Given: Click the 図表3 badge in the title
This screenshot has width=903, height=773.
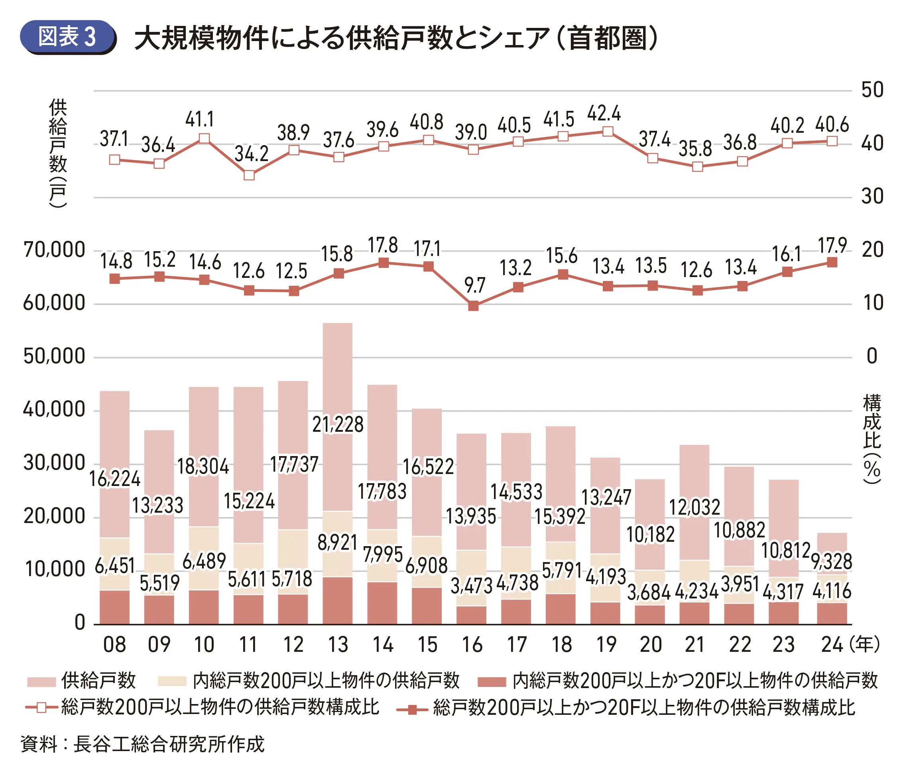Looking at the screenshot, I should [67, 37].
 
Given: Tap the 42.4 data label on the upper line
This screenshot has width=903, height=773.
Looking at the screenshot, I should [604, 114].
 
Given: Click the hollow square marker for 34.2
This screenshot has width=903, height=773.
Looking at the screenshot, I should [249, 175].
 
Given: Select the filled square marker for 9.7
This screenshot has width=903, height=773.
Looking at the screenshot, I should [473, 306].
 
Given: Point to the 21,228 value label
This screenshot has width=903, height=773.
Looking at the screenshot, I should [338, 425].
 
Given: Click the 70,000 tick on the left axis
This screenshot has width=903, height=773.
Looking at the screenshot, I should [54, 250].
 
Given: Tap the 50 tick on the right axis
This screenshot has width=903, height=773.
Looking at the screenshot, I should [872, 90].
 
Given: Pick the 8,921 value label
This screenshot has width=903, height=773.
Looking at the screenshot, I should [337, 543].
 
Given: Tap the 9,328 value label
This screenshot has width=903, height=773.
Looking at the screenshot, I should [832, 561].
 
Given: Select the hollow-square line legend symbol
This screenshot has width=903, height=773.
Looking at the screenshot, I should [41, 707].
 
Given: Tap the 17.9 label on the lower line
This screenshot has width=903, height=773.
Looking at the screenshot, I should [832, 246].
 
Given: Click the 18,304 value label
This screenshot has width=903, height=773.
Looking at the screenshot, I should [203, 467].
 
